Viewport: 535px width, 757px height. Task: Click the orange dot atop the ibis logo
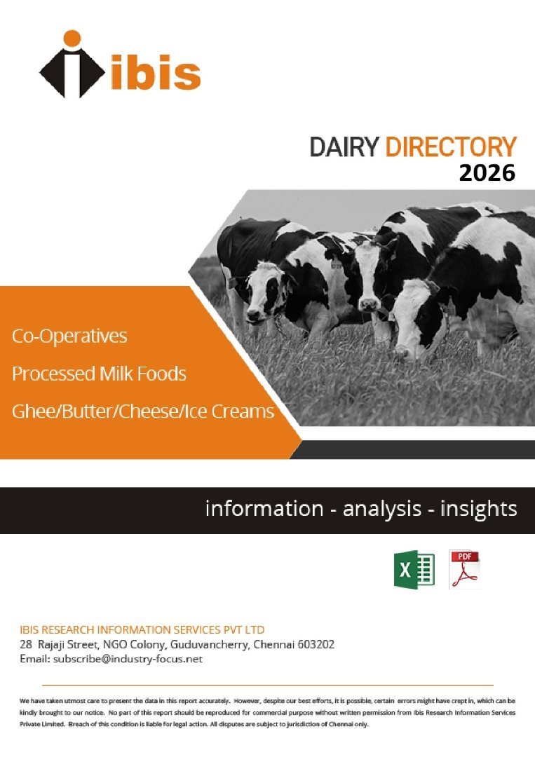pos(72,39)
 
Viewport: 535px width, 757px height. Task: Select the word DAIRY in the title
pos(344,147)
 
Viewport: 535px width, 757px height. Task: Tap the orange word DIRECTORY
pos(450,147)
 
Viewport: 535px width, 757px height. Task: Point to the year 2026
pos(487,173)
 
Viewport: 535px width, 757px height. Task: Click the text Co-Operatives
pos(69,336)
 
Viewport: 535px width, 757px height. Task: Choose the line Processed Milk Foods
pos(99,374)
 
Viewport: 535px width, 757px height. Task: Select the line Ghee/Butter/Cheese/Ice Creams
pos(143,411)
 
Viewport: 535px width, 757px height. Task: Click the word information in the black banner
pos(264,509)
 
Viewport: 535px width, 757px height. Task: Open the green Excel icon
pos(414,569)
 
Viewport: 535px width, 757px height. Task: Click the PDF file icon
pos(464,569)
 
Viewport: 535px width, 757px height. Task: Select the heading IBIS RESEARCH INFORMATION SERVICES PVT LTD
pos(142,629)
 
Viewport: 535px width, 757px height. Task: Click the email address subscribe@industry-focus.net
pos(128,659)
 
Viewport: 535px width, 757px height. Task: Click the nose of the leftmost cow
pos(254,316)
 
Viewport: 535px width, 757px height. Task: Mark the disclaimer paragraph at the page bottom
pos(268,712)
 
